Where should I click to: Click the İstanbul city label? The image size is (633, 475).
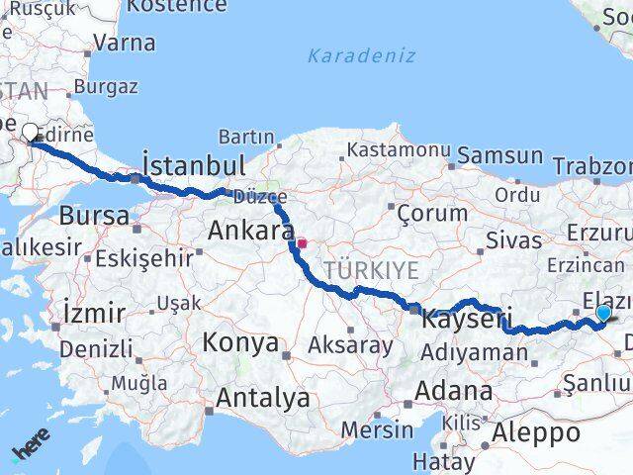pyautogui.click(x=194, y=163)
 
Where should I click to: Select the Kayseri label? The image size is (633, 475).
pyautogui.click(x=467, y=320)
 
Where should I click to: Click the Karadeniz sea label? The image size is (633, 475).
pyautogui.click(x=361, y=55)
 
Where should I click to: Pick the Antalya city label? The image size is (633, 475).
pyautogui.click(x=263, y=399)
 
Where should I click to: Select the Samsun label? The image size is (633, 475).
pyautogui.click(x=500, y=155)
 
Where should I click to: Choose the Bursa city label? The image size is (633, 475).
pyautogui.click(x=94, y=215)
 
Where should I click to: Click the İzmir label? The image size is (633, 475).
pyautogui.click(x=93, y=314)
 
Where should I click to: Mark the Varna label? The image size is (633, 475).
pyautogui.click(x=125, y=43)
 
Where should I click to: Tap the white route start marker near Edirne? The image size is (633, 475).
pyautogui.click(x=30, y=131)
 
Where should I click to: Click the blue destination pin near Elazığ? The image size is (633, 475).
pyautogui.click(x=603, y=314)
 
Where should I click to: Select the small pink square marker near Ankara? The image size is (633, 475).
pyautogui.click(x=302, y=240)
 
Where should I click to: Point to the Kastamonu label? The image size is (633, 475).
pyautogui.click(x=397, y=150)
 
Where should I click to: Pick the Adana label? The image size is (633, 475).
pyautogui.click(x=455, y=390)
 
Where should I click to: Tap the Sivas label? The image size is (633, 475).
pyautogui.click(x=513, y=239)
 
